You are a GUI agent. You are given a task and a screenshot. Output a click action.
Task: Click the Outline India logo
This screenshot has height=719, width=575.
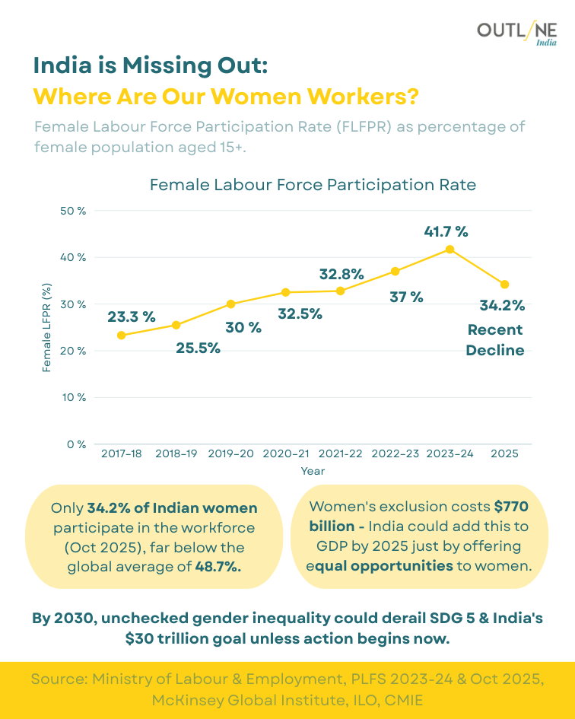(x=516, y=32)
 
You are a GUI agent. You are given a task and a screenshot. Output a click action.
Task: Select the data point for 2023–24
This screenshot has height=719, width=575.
(x=450, y=249)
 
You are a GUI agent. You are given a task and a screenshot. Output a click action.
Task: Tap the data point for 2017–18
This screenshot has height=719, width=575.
(x=121, y=335)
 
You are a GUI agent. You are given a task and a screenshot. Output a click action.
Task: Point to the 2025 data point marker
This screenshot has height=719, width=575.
(x=504, y=285)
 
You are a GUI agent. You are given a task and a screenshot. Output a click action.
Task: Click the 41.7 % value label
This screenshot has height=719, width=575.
(x=446, y=231)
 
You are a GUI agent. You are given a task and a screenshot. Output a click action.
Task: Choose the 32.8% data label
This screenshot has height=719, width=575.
(x=342, y=274)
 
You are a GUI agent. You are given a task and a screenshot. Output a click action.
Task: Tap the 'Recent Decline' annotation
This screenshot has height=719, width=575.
(x=495, y=340)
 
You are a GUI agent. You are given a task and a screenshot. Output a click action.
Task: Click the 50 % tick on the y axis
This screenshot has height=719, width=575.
(x=73, y=211)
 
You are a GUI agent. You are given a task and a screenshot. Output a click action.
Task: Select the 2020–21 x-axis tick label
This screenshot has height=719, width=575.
(x=286, y=453)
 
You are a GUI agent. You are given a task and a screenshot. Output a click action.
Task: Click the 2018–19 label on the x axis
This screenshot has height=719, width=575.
(x=176, y=453)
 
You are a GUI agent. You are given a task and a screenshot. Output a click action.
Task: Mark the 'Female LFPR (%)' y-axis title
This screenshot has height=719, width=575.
(x=47, y=327)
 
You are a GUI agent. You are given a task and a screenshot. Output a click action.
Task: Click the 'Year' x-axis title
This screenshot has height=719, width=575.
(x=313, y=471)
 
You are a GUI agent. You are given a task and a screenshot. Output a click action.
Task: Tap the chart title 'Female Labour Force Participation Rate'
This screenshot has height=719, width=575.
(x=313, y=185)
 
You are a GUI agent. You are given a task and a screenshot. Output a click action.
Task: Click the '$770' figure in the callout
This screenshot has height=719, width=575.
(x=511, y=507)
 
